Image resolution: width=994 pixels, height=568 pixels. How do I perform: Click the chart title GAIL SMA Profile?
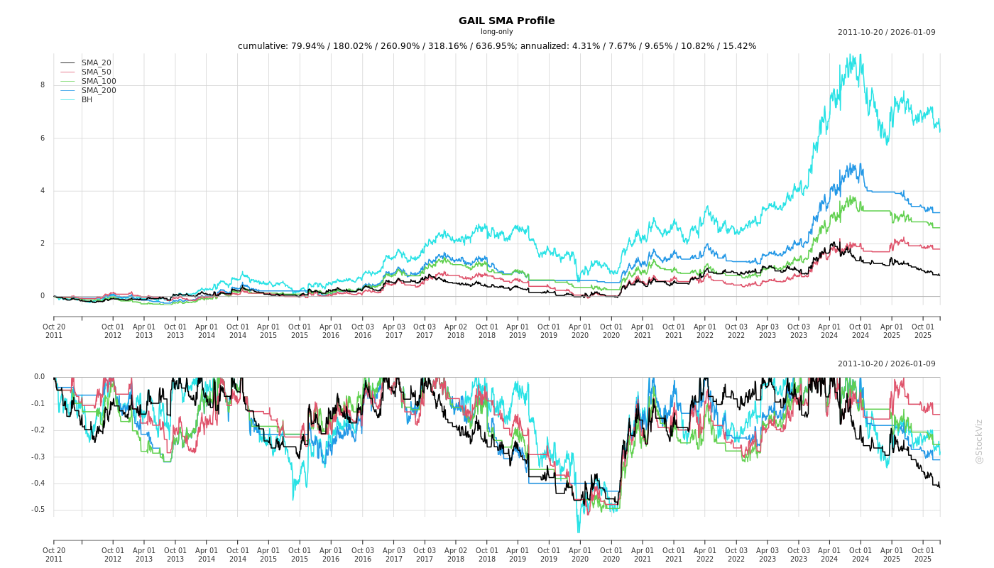tap(506, 21)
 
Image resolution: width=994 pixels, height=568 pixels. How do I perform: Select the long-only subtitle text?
tap(496, 32)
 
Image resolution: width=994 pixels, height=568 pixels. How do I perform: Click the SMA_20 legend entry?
tap(96, 63)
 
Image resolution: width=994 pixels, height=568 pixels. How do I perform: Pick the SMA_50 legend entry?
tap(96, 72)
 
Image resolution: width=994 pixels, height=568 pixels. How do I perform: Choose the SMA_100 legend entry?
tap(99, 82)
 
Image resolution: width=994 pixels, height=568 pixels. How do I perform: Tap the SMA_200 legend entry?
tap(99, 91)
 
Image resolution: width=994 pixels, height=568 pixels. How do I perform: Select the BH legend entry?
tap(87, 100)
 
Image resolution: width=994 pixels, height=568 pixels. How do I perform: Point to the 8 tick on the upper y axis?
tap(43, 85)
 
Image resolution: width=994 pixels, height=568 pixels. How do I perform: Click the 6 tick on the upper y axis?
tap(43, 138)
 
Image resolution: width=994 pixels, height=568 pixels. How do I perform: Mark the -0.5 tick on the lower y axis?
tap(38, 510)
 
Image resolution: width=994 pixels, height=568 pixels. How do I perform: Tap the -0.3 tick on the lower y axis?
tap(38, 457)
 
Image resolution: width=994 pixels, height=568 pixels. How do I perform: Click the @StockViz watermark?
tap(979, 441)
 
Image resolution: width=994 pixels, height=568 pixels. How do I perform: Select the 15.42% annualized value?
tap(739, 46)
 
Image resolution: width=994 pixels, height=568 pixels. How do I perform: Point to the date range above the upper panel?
tap(886, 32)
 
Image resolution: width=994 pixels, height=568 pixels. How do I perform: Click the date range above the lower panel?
tap(886, 364)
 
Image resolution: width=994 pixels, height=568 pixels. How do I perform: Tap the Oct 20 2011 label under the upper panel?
tap(54, 331)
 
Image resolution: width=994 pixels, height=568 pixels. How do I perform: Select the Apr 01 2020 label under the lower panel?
tap(580, 555)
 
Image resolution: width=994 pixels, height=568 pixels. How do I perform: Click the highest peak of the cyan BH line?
tap(861, 55)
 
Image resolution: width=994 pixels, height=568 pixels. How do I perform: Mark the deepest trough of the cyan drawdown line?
tap(578, 532)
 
